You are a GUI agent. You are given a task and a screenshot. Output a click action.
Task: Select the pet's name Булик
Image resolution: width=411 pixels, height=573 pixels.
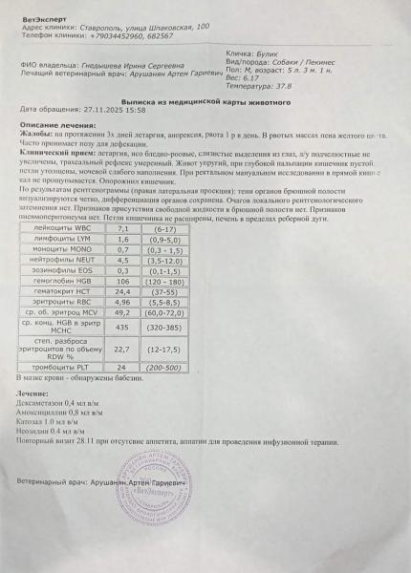click(x=267, y=53)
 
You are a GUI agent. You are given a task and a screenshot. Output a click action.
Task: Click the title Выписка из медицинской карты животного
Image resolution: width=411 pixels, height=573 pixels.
click(x=205, y=100)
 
